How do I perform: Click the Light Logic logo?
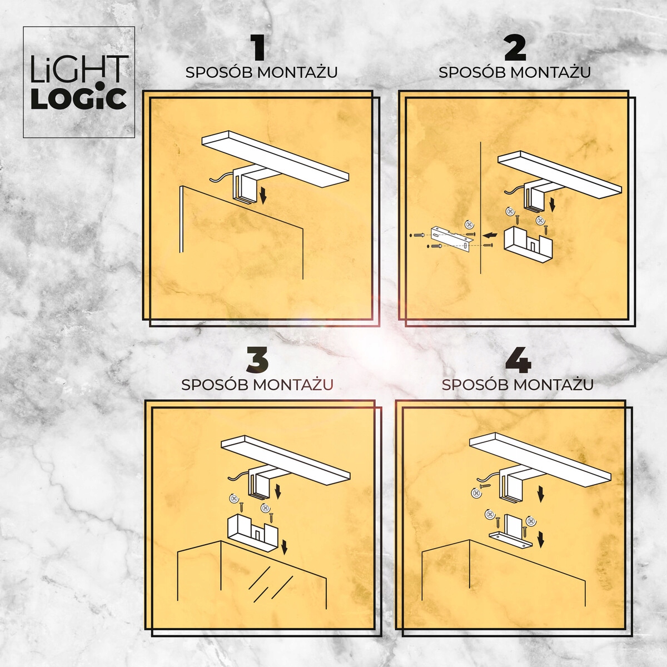[x=79, y=82]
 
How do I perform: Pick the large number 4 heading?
[x=517, y=361]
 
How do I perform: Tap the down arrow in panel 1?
[x=263, y=195]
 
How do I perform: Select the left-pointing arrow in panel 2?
[x=490, y=234]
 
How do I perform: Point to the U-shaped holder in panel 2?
[x=528, y=244]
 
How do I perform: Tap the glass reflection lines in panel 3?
[x=271, y=584]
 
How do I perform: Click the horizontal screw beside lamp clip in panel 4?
[x=485, y=486]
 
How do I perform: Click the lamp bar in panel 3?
[x=285, y=460]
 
